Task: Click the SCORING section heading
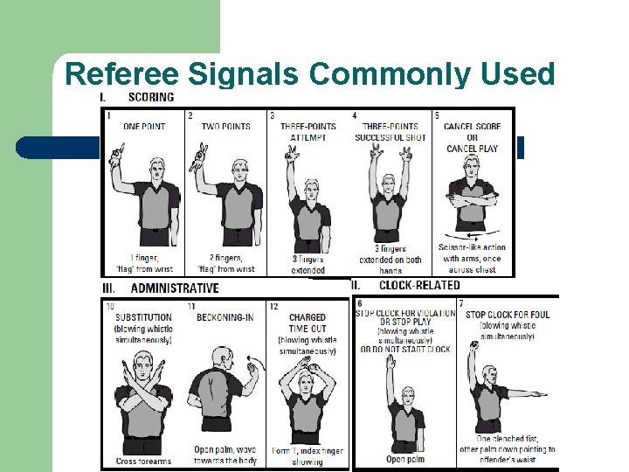coord(150,97)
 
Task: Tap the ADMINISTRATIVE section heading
coord(175,288)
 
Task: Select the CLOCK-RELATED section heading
coord(418,285)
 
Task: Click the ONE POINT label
coord(144,127)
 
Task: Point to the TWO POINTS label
coord(225,127)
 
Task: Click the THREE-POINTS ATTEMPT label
coord(308,132)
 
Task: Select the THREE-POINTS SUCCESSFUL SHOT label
coord(390,132)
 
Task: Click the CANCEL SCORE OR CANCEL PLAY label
coord(471,137)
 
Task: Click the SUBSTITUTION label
coord(143,317)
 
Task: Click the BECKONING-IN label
coord(225,317)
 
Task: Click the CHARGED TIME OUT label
coord(307,323)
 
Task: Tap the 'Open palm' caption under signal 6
coord(406,459)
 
